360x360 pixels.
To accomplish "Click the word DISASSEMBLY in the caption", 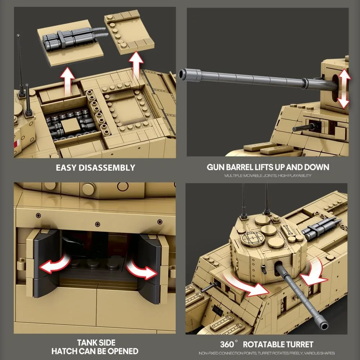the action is pyautogui.click(x=107, y=168).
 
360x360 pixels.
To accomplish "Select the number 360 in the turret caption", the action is pyautogui.click(x=227, y=345).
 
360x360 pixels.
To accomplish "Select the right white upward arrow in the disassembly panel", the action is pyautogui.click(x=136, y=65).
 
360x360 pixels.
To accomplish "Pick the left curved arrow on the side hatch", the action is pyautogui.click(x=55, y=264).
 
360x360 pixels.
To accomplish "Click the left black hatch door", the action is pyautogui.click(x=46, y=264).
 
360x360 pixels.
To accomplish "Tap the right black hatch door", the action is pyautogui.click(x=150, y=269).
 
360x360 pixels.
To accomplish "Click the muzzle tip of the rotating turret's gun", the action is pyautogui.click(x=324, y=326).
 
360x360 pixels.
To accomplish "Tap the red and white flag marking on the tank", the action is pyautogui.click(x=17, y=144).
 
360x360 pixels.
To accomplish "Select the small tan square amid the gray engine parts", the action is pyautogui.click(x=71, y=125).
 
